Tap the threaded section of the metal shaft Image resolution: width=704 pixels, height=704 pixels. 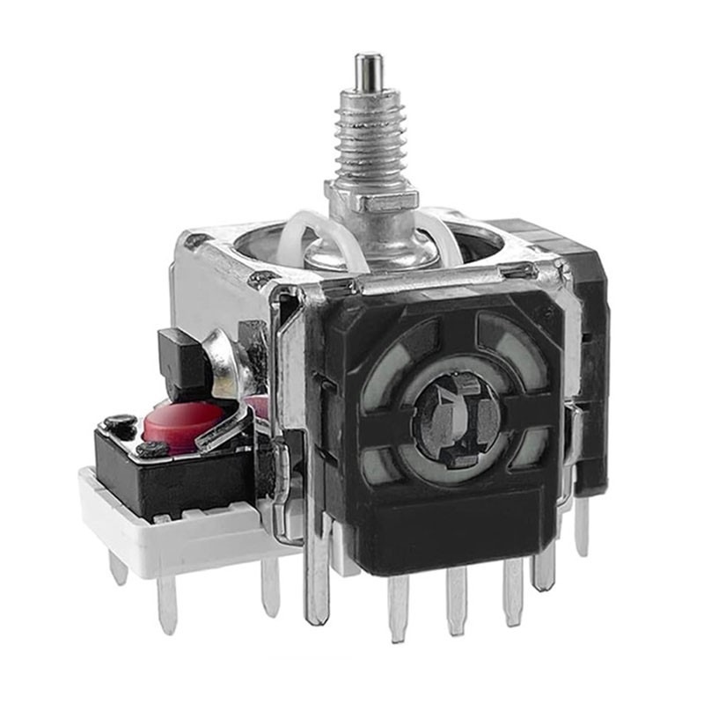pos(370,141)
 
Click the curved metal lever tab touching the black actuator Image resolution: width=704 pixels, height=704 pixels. pos(231,356)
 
